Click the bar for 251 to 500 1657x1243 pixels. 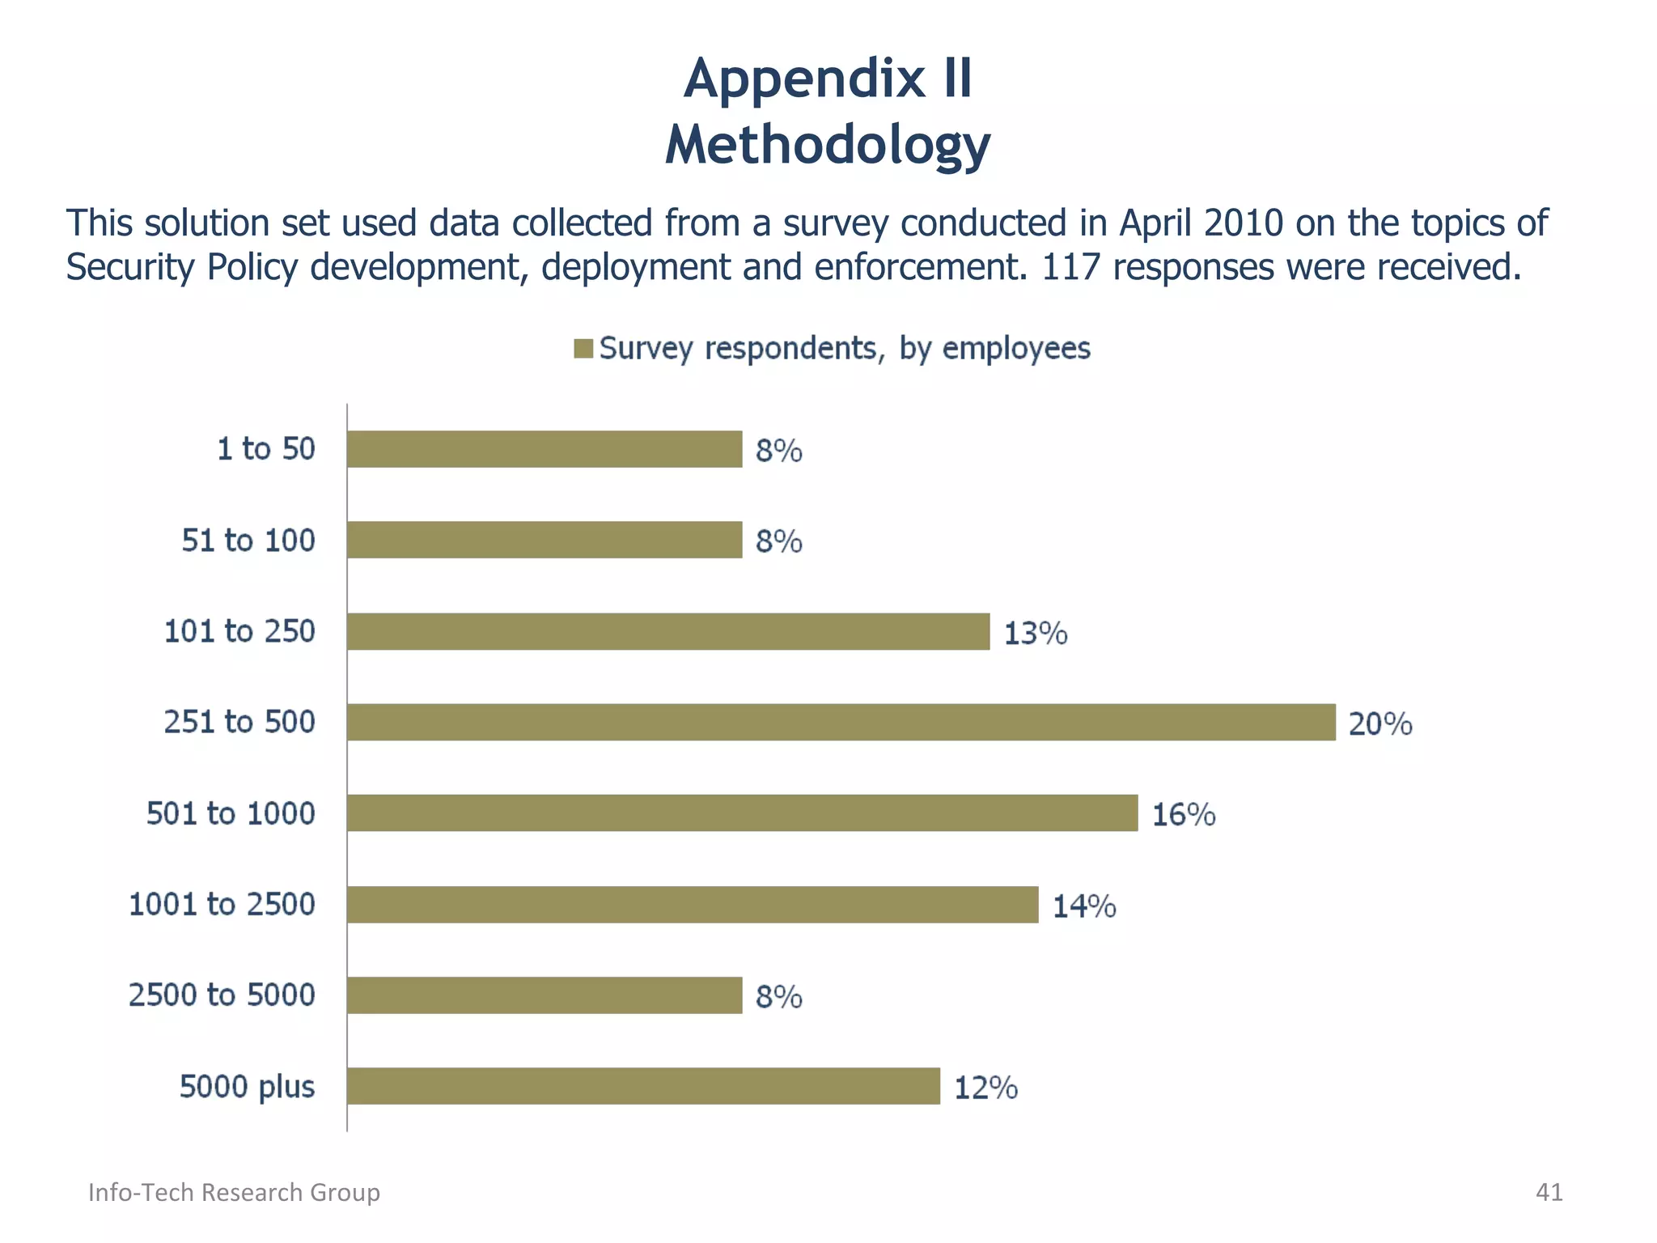841,722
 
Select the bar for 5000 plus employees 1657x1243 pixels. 643,1086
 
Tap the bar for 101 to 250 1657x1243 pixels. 668,631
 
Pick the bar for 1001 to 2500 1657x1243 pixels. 693,904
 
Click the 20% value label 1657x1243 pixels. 1380,723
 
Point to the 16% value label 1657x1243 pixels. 1183,814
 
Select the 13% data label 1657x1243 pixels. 1036,633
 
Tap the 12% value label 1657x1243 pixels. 985,1088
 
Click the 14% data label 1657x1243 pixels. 1084,906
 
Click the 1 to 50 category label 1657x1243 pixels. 266,448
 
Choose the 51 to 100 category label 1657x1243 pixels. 248,540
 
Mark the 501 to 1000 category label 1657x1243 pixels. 231,812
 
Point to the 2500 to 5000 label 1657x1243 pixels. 222,995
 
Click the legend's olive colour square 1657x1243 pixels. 583,349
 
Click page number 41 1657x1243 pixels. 1549,1192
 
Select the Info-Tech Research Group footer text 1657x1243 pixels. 234,1192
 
